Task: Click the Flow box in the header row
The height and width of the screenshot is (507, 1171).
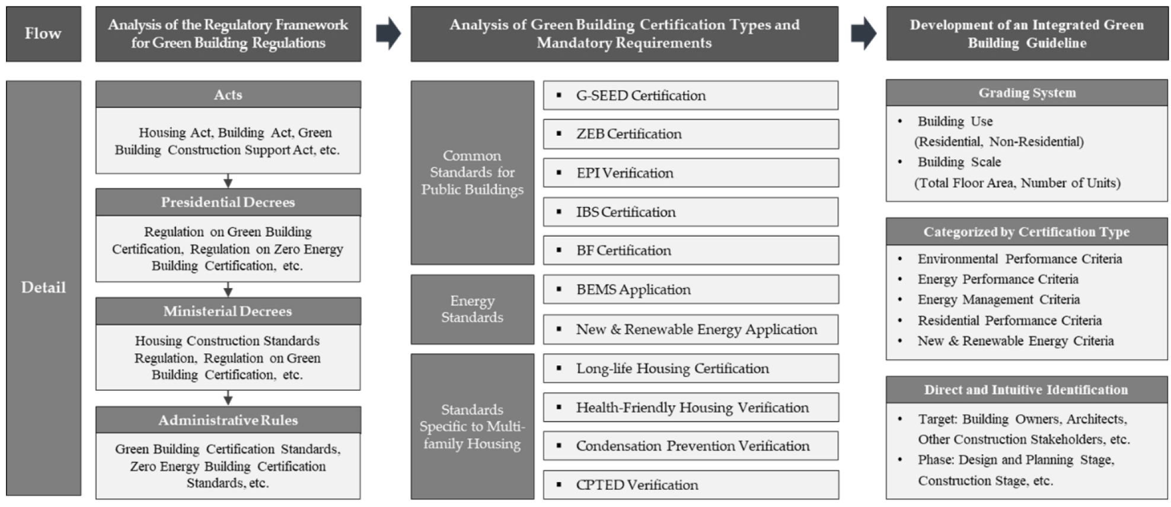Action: click(43, 34)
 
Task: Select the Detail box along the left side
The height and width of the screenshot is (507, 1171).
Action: click(43, 288)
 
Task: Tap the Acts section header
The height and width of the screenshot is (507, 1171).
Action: click(228, 94)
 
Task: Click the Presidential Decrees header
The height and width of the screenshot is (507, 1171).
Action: click(228, 202)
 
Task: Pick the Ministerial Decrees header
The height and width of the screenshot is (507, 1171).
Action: click(228, 311)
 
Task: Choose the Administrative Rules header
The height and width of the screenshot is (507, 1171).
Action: click(228, 420)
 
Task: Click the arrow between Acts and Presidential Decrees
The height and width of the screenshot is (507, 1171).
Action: click(228, 181)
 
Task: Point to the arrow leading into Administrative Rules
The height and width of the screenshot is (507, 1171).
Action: click(228, 398)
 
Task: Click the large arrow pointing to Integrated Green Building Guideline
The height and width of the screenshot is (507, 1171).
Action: click(863, 33)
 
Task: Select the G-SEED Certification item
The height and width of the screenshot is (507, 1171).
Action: click(691, 95)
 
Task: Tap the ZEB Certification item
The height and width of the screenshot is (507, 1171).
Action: click(691, 134)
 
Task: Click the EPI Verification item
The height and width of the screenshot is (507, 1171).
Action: click(691, 173)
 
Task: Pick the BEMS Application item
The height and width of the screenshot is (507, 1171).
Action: click(691, 289)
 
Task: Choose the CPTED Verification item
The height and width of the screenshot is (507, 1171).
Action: click(691, 484)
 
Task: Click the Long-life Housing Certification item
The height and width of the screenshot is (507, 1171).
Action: click(691, 368)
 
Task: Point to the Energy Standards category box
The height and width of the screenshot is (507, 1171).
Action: click(473, 309)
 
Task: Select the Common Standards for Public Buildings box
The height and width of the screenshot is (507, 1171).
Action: click(473, 173)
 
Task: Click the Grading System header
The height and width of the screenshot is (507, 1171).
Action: click(1027, 93)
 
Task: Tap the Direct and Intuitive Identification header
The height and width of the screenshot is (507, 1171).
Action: click(1027, 390)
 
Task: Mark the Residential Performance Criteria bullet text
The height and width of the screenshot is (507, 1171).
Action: click(1010, 321)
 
